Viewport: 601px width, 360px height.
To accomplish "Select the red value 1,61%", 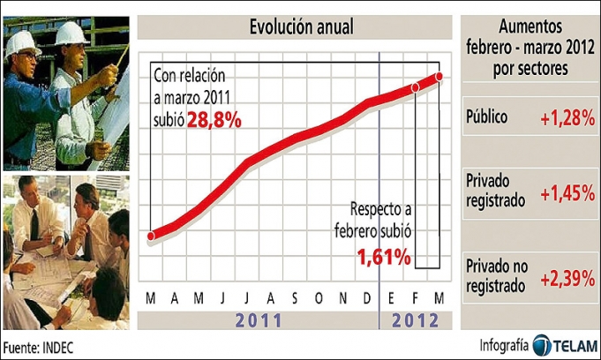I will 384,258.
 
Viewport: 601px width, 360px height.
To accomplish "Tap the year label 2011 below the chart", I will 259,319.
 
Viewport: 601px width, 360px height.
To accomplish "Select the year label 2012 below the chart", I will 415,319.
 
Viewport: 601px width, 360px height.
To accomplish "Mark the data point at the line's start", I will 152,236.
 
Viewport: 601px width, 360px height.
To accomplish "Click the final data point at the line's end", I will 439,78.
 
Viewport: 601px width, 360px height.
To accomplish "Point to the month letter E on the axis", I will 392,297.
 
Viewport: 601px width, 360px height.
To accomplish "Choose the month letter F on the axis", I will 416,297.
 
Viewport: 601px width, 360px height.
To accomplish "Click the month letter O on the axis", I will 319,297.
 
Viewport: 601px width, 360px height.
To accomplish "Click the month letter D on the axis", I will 367,297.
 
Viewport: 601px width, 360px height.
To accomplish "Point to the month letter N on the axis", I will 343,297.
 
